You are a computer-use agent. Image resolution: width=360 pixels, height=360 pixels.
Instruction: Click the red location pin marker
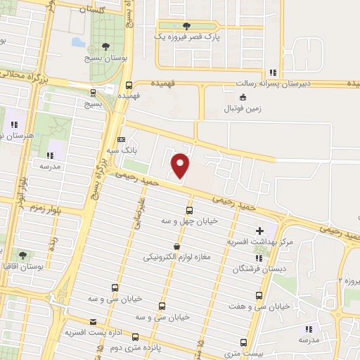point(181,164)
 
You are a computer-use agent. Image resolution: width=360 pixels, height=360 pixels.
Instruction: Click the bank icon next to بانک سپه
point(121,139)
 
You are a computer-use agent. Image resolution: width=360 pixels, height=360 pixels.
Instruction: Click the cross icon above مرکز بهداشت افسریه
point(259,230)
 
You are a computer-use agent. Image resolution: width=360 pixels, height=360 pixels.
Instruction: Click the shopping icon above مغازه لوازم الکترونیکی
point(176,246)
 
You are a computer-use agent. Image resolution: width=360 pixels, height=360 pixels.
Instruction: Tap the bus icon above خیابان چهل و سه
point(189,210)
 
